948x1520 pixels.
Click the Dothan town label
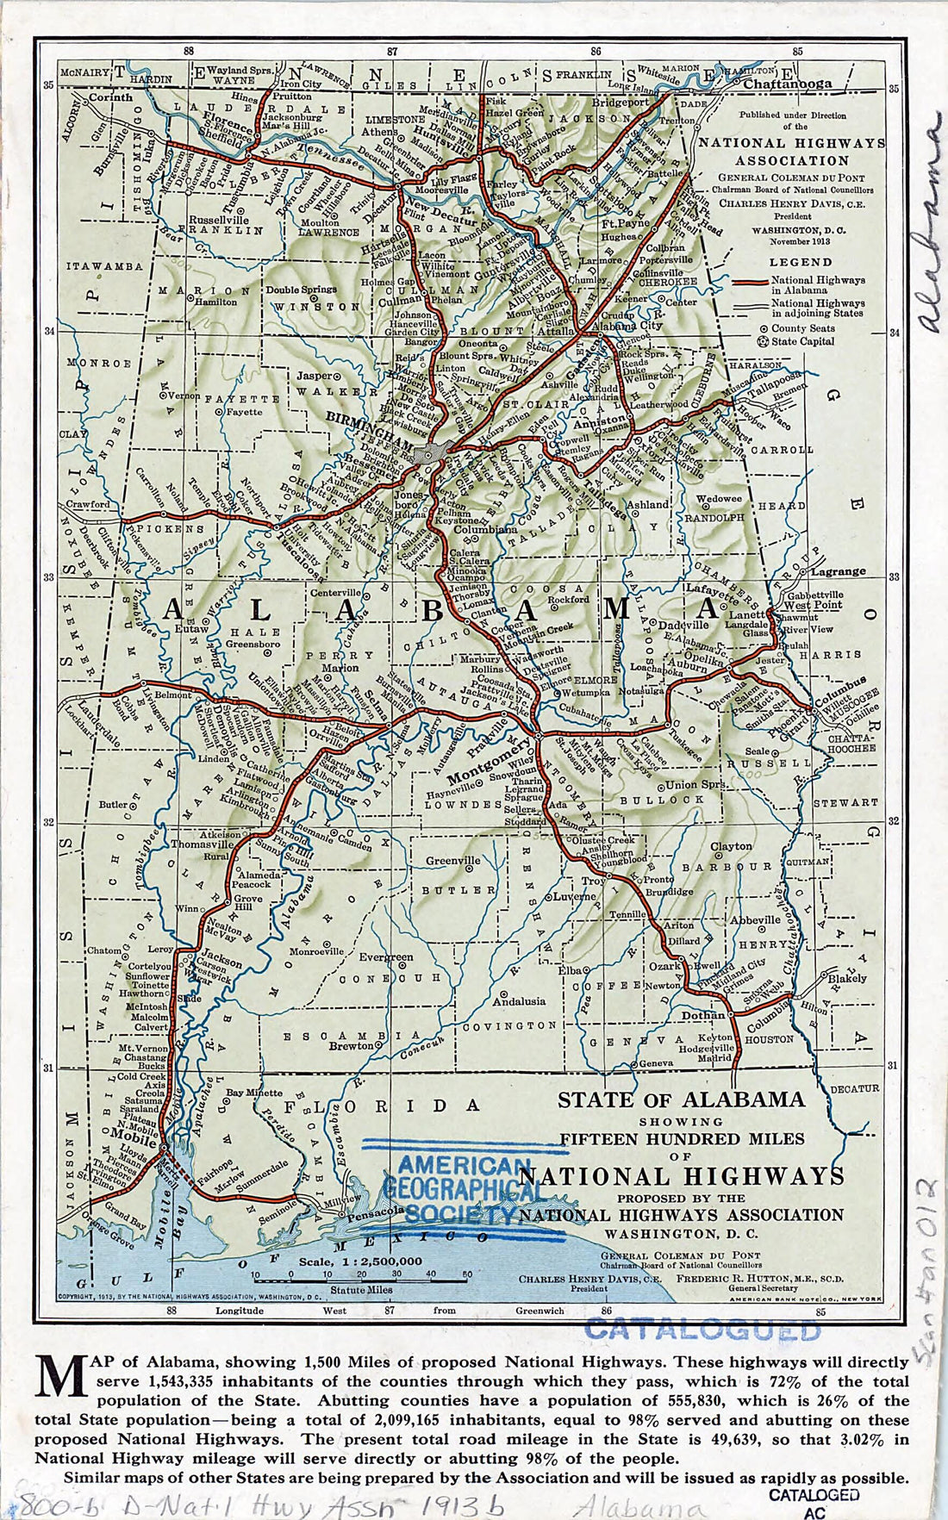click(x=703, y=1016)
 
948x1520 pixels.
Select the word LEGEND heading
click(x=801, y=262)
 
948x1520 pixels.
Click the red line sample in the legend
click(x=747, y=282)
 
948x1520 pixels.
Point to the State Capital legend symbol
click(x=762, y=341)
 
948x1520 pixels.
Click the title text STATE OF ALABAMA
click(x=681, y=1100)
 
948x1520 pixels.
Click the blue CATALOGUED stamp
click(x=702, y=1330)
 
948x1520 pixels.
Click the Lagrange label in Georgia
click(x=838, y=571)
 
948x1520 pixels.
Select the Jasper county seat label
click(x=315, y=376)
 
